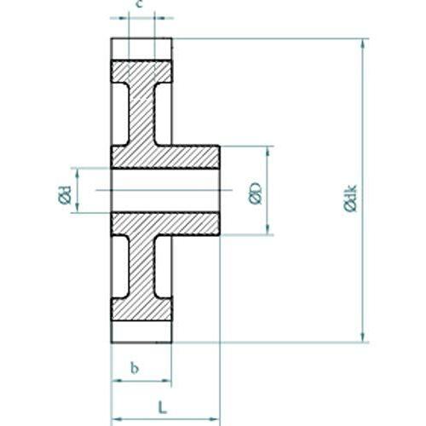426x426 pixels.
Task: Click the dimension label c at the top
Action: pos(140,6)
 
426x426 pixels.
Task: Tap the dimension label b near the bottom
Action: pos(135,368)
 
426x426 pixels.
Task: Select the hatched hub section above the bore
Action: pos(166,157)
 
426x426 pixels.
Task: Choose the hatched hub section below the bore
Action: pos(166,223)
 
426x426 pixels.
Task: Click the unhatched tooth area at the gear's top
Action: pos(141,49)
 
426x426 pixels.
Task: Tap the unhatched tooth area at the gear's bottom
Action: pos(141,331)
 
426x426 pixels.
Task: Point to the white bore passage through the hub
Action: pos(166,190)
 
